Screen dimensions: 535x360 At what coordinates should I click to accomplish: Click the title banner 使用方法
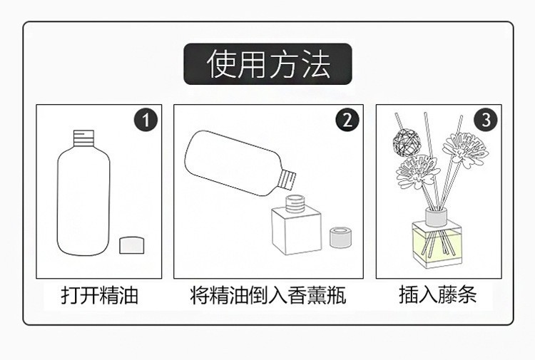point(267,64)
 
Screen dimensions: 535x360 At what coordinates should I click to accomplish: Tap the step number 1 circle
point(146,120)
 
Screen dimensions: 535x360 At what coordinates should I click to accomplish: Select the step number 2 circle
point(347,120)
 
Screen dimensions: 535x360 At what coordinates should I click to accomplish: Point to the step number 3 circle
point(486,120)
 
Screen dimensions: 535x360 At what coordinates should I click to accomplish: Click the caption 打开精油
point(99,294)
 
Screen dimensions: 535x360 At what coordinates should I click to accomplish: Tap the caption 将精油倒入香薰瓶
point(267,294)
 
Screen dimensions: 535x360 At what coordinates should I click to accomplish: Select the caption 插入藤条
point(437,294)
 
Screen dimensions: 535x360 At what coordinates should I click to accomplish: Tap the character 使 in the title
point(221,64)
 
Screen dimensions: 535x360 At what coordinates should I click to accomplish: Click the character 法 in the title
point(315,64)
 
